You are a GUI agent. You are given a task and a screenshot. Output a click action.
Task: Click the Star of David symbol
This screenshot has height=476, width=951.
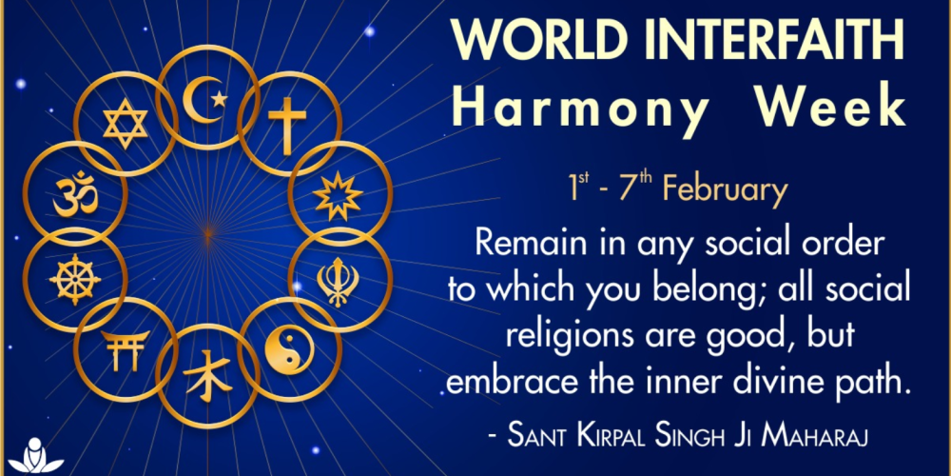[126, 124]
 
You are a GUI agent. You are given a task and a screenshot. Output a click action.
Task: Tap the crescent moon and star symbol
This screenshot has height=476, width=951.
[205, 97]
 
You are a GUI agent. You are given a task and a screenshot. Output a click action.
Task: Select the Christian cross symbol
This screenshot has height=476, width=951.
[287, 125]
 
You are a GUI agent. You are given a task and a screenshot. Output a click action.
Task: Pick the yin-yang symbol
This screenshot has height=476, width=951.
[289, 351]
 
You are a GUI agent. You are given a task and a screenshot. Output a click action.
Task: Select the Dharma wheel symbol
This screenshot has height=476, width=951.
[74, 279]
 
